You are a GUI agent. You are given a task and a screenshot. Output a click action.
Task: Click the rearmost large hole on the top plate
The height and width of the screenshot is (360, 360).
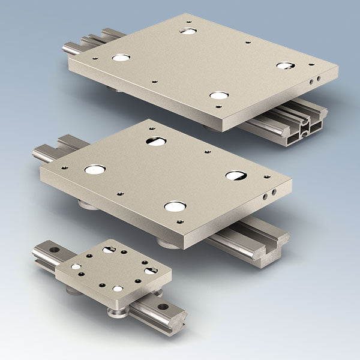[x=188, y=30]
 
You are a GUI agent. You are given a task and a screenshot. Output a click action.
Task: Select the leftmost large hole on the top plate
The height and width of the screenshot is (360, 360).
[x=121, y=58]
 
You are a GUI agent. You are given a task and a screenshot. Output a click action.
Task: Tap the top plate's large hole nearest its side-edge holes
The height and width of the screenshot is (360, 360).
[x=284, y=65]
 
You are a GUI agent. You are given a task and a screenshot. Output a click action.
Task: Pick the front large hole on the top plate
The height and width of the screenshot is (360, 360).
[x=219, y=95]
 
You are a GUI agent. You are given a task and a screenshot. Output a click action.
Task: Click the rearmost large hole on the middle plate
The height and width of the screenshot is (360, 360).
[x=156, y=141]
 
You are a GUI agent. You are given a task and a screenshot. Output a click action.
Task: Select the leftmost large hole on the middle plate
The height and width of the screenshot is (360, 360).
[x=95, y=170]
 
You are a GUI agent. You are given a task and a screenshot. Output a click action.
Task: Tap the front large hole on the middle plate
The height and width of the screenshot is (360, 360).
[x=175, y=206]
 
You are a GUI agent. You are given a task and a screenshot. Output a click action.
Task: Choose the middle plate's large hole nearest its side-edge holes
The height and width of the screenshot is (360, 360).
[x=235, y=175]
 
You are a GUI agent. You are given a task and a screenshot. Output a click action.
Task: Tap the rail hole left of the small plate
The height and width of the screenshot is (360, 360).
[x=54, y=249]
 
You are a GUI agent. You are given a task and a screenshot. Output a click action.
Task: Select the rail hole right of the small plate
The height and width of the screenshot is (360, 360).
[x=163, y=307]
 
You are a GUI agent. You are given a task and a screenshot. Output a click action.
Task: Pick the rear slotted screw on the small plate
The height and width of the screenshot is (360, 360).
[x=109, y=249]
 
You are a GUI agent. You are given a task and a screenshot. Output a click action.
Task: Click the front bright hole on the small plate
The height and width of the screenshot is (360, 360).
[x=118, y=289]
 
